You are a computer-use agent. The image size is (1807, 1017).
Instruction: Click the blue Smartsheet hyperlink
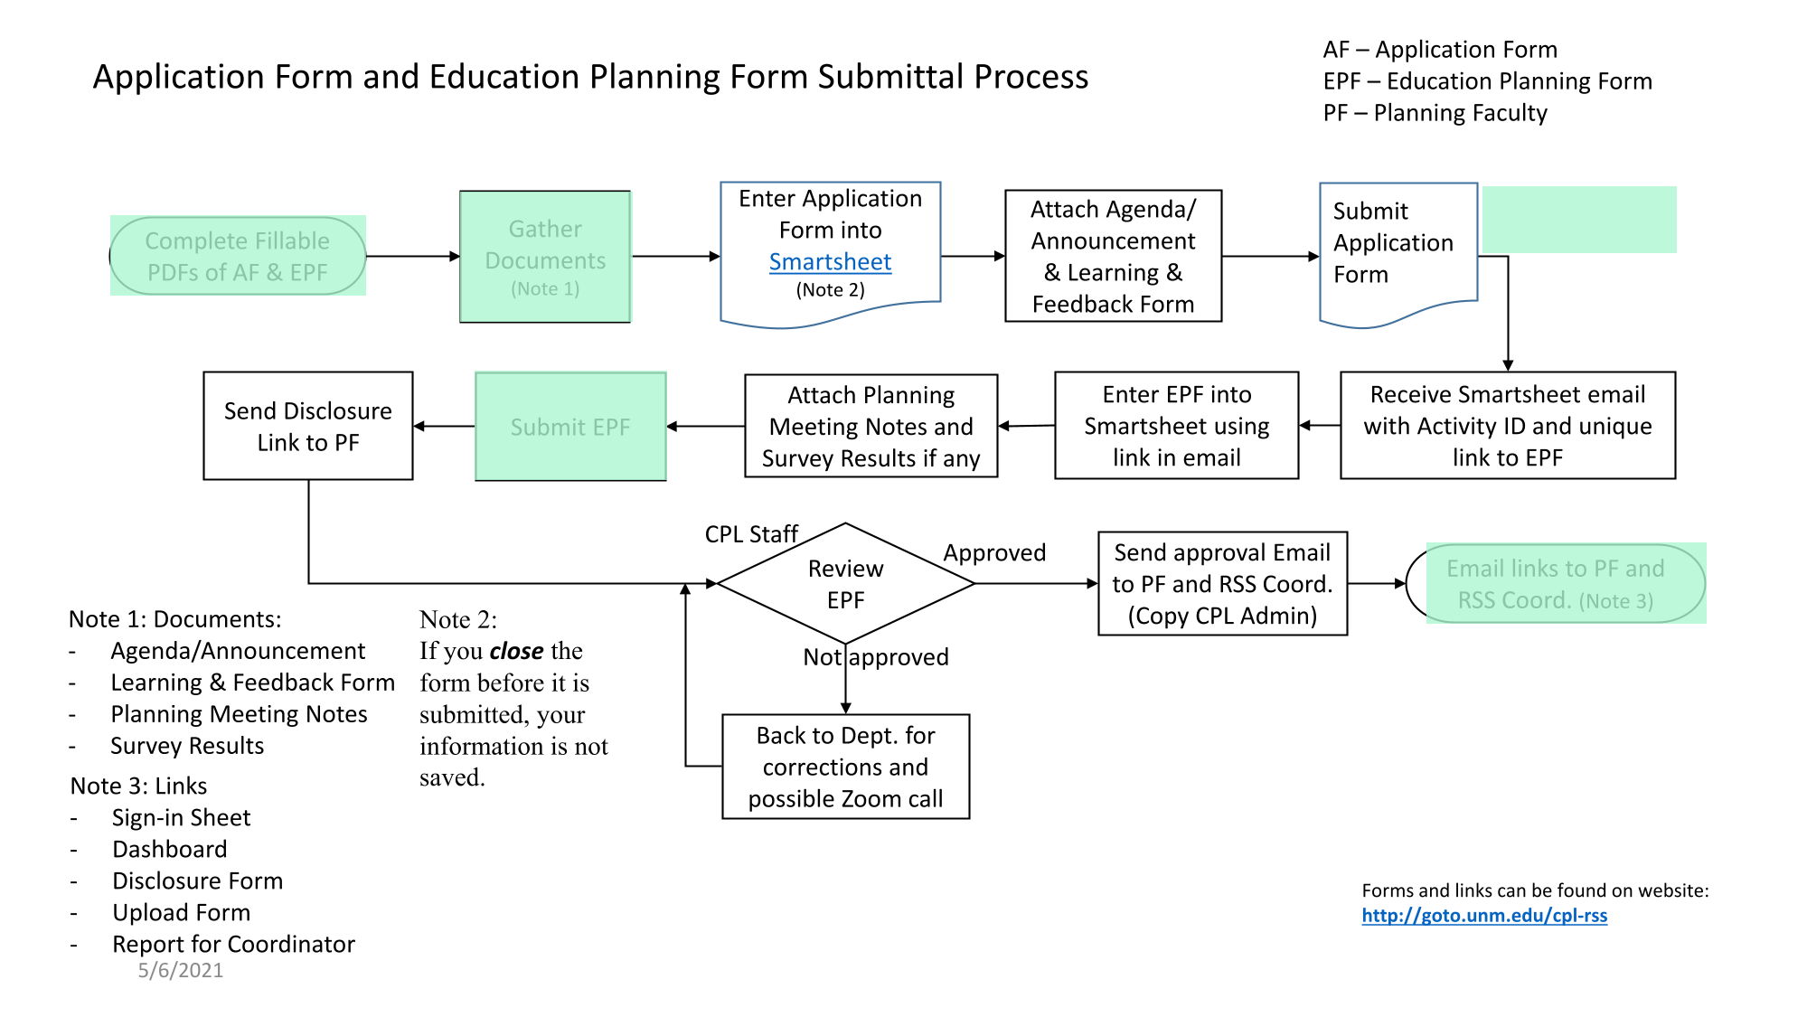(x=830, y=262)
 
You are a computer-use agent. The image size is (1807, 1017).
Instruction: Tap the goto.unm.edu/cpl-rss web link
(x=1484, y=916)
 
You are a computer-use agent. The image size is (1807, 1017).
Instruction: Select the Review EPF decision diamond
(x=845, y=583)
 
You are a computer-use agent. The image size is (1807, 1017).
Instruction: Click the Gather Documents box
(x=545, y=257)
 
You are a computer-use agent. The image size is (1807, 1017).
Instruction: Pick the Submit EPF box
(x=570, y=427)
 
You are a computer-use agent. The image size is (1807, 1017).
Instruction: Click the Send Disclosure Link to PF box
(x=308, y=426)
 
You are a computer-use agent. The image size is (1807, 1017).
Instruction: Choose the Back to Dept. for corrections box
(x=845, y=767)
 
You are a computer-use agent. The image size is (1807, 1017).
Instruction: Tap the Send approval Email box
(x=1222, y=583)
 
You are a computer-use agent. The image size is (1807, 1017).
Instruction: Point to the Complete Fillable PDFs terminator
(x=238, y=256)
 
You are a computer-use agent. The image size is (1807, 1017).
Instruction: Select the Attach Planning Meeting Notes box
(x=871, y=426)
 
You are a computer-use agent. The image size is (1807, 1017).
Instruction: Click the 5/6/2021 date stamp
(x=181, y=970)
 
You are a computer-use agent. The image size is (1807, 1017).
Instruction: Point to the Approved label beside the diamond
(x=994, y=552)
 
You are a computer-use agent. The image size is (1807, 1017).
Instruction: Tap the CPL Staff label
(x=751, y=534)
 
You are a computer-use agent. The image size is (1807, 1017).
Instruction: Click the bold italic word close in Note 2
(x=516, y=651)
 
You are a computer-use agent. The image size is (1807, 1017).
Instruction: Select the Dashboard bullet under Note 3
(x=170, y=850)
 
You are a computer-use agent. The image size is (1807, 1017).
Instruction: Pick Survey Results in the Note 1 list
(x=187, y=746)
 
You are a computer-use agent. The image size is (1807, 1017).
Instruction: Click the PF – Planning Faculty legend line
(x=1435, y=113)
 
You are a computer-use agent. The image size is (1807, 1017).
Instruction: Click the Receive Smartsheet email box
(x=1508, y=426)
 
